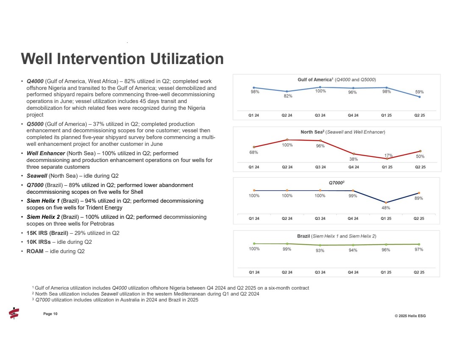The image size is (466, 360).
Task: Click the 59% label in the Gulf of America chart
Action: click(419, 92)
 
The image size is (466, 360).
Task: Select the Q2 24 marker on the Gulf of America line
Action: click(287, 92)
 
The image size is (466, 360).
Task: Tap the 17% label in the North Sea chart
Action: click(388, 155)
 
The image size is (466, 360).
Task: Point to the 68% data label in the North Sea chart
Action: click(254, 152)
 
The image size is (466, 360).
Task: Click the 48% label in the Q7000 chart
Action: click(386, 208)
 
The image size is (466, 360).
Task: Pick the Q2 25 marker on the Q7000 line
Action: click(419, 193)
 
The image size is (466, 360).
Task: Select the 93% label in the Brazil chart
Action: click(320, 251)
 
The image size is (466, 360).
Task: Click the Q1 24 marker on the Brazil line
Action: click(254, 243)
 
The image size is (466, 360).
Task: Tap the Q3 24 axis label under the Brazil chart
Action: click(320, 272)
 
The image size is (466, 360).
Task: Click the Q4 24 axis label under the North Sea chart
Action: click(353, 167)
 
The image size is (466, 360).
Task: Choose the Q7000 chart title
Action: click(336, 182)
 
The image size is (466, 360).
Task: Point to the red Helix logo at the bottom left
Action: click(14, 313)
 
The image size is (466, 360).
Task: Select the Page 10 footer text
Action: click(50, 314)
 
